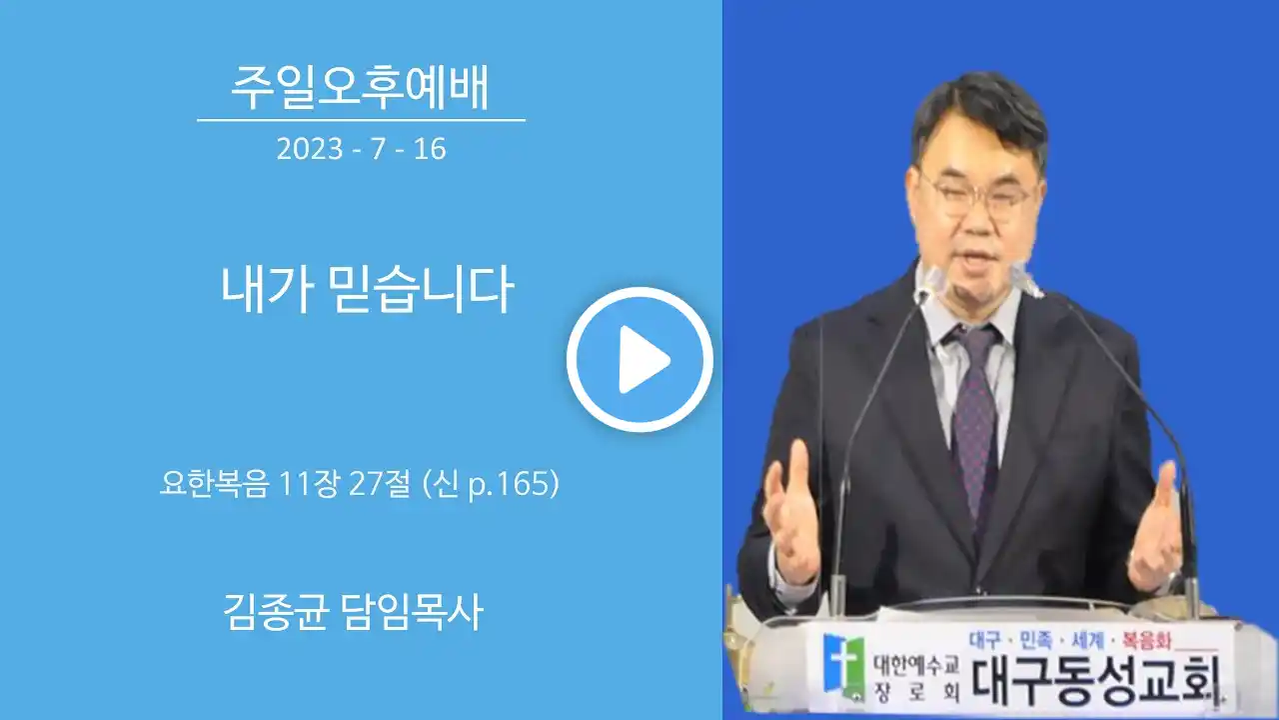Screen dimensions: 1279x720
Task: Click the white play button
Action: (x=640, y=359)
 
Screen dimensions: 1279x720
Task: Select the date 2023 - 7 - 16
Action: (x=361, y=149)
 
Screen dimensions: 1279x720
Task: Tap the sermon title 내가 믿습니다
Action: (x=368, y=289)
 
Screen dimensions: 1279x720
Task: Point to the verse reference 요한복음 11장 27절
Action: (x=286, y=484)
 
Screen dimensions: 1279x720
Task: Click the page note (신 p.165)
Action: (x=491, y=485)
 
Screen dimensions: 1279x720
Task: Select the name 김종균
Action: (x=276, y=611)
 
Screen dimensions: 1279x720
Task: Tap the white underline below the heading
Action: (x=361, y=121)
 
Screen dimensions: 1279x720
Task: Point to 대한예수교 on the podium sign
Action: (x=915, y=664)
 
